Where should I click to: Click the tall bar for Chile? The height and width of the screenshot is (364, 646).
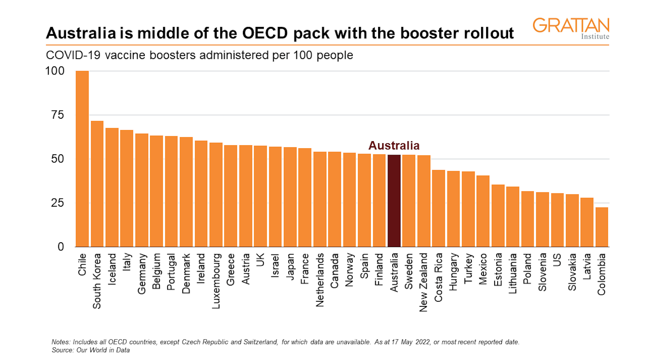tap(82, 158)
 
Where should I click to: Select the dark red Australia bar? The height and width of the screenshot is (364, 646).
tap(394, 201)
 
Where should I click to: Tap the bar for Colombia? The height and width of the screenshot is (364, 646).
tap(602, 227)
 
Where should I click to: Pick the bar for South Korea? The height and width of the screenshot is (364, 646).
tap(97, 184)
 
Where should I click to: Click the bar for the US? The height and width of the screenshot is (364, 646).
tap(557, 220)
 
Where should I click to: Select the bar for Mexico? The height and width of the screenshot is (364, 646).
tap(483, 211)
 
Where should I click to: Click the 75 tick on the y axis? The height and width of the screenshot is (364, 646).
tap(58, 115)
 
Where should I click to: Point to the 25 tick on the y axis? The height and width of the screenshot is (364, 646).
tap(58, 203)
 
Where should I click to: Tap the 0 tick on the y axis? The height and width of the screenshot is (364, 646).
tap(61, 247)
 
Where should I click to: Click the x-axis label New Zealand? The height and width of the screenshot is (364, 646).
tap(423, 282)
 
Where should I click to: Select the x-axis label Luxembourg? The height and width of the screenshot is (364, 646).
tap(216, 281)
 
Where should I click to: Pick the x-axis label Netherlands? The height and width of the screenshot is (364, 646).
tap(320, 280)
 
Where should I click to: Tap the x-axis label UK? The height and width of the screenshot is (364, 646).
tap(260, 260)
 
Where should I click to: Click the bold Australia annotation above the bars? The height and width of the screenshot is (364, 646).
tap(394, 146)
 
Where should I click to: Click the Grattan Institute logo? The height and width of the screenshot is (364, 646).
tap(571, 28)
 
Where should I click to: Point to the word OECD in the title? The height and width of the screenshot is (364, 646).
tap(265, 33)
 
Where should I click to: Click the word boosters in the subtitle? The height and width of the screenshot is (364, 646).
tap(172, 55)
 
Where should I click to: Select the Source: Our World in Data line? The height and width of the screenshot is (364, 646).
tap(91, 350)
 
